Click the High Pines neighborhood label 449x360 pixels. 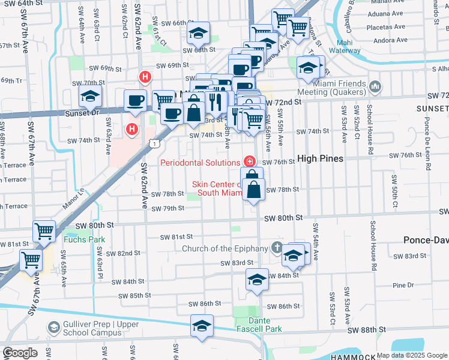321,158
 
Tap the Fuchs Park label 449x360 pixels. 85,239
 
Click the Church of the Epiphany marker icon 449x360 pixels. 277,247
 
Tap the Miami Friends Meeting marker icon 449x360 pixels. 375,87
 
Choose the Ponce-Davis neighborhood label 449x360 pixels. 427,239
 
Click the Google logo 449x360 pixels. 20,352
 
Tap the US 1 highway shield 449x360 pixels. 155,143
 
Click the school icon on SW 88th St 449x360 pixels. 202,326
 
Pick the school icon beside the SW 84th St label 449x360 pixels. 257,279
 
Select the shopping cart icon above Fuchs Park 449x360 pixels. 44,231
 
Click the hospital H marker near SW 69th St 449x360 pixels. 145,77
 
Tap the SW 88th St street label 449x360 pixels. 369,330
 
